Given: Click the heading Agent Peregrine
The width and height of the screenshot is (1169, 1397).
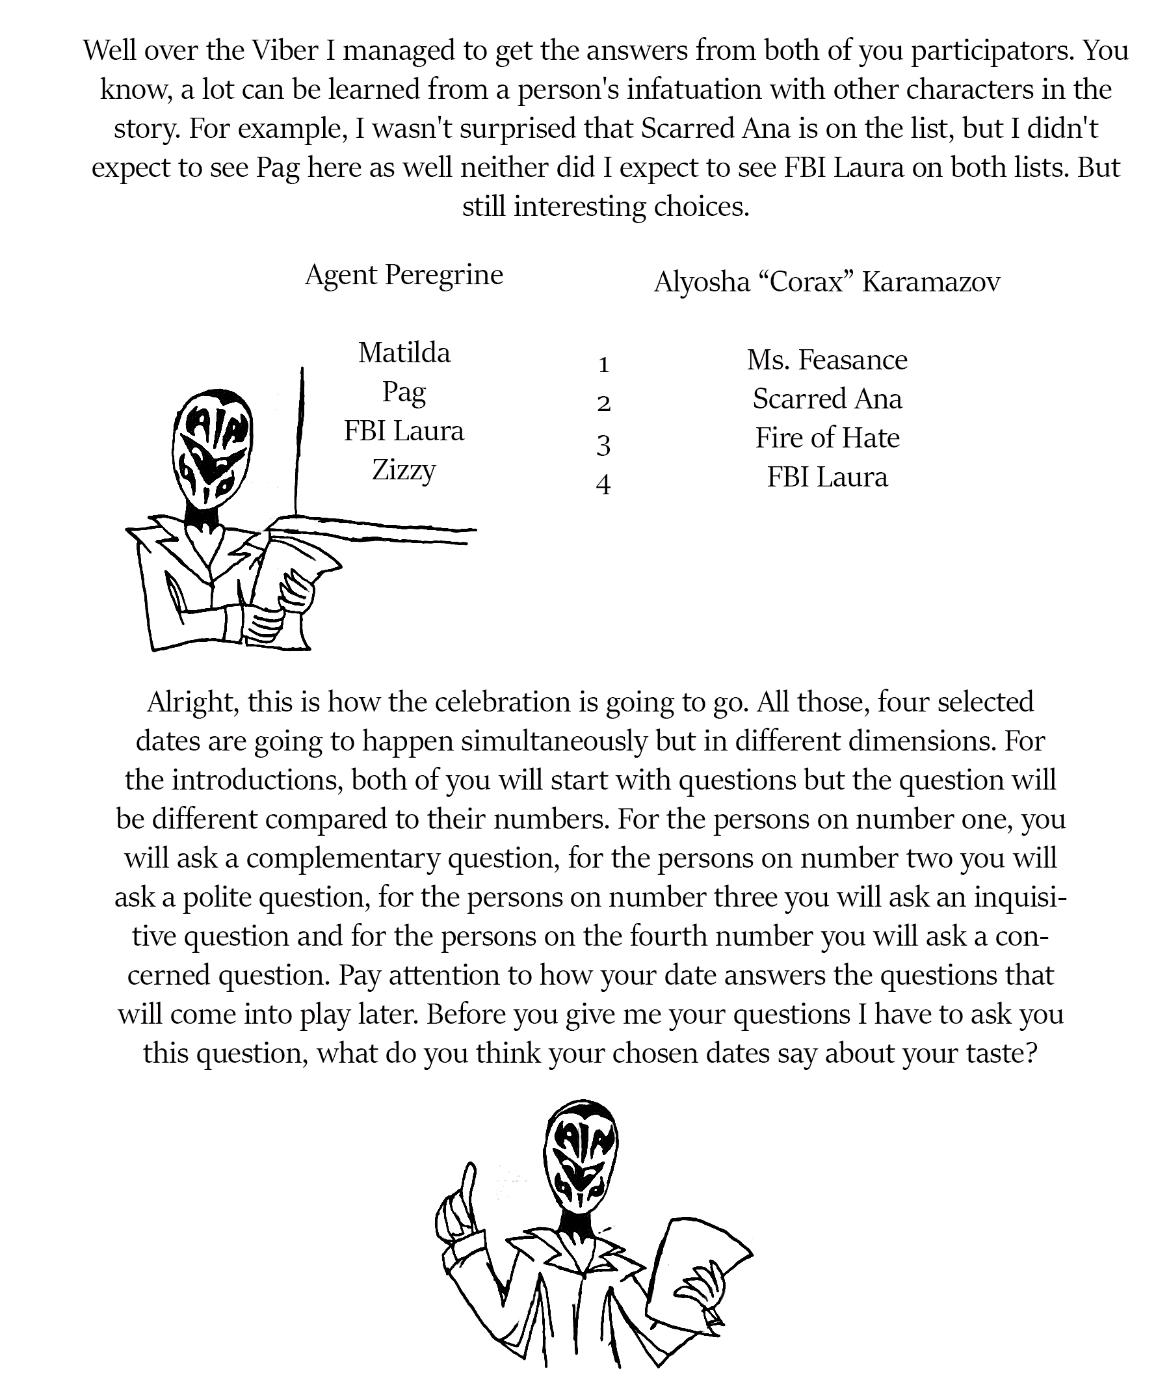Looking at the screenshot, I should tap(404, 274).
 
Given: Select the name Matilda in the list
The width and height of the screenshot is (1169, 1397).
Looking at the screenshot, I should tap(404, 353).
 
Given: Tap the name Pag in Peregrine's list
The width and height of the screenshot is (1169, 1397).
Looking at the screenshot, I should tap(404, 392).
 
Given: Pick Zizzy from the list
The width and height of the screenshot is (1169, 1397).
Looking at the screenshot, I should tap(404, 470).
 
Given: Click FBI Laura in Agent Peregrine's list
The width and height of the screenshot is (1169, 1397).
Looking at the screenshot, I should tap(404, 431).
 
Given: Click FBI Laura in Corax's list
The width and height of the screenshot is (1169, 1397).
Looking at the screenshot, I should tap(826, 477).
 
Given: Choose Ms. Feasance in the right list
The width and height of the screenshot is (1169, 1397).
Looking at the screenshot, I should tap(826, 360).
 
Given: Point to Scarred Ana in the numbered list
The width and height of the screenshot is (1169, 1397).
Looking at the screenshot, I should tap(826, 399).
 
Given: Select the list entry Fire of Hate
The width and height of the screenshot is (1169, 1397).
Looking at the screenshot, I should tap(826, 438).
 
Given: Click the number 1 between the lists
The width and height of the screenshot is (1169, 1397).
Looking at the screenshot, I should tap(603, 365).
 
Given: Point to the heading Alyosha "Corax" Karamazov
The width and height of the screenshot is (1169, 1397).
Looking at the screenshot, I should tap(826, 282).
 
